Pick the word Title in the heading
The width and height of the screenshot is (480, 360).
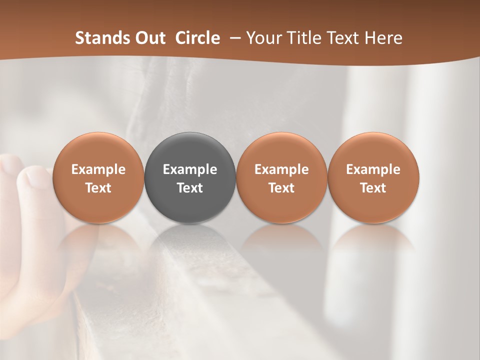click(302, 38)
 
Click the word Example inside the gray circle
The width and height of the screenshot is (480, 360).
click(190, 169)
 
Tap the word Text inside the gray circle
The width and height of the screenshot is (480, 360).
click(190, 188)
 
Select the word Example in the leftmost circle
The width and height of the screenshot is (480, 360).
click(98, 169)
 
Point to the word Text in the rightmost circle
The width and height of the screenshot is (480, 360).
click(373, 188)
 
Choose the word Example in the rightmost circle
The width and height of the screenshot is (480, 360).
click(373, 169)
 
